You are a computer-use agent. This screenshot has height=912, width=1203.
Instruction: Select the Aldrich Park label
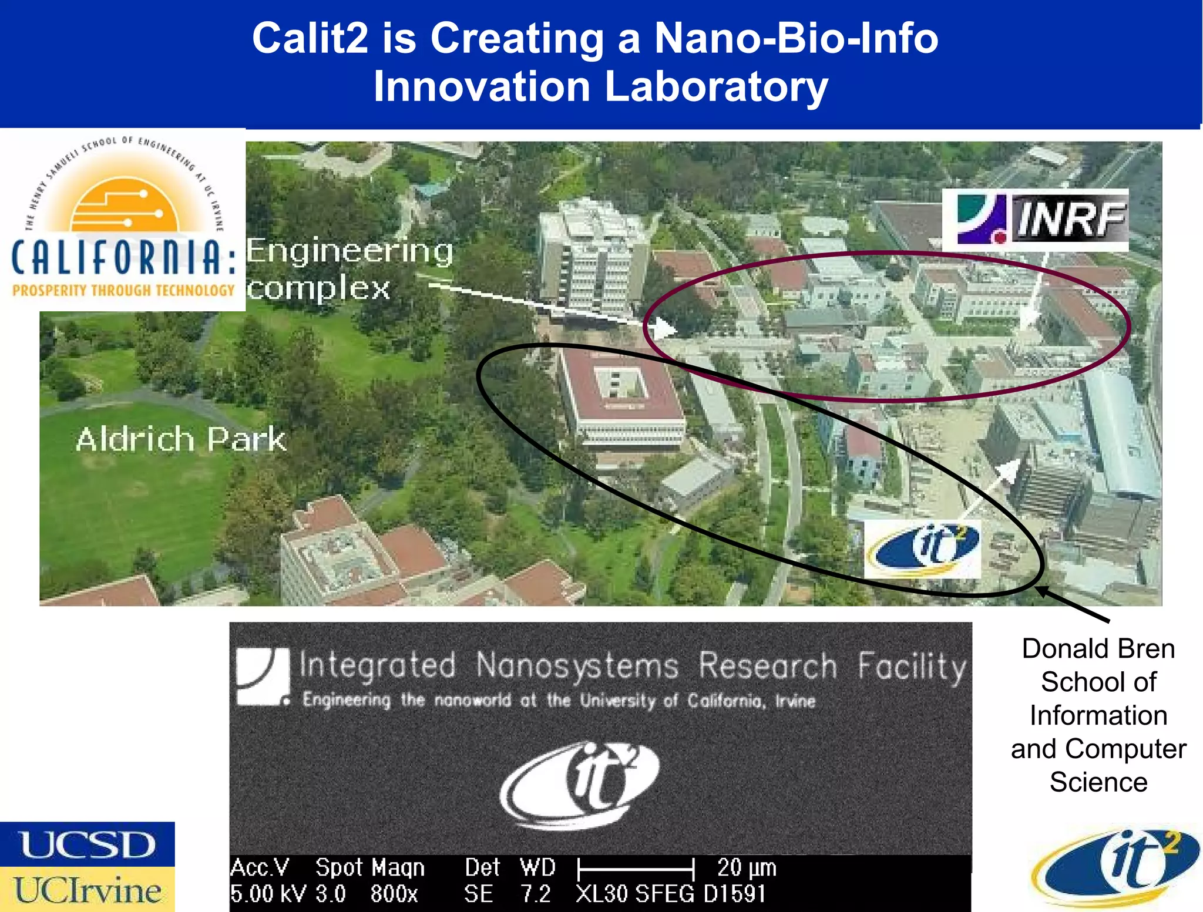(181, 439)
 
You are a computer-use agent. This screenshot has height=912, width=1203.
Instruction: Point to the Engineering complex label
(349, 269)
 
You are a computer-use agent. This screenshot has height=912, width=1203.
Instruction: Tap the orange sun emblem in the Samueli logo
(124, 206)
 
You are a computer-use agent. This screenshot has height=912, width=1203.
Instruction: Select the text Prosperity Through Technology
(123, 290)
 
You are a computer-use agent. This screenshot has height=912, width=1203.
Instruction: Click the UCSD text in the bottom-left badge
(88, 845)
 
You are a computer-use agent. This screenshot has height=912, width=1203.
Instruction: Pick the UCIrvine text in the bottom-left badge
(88, 890)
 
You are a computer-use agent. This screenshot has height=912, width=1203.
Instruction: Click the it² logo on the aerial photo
(922, 548)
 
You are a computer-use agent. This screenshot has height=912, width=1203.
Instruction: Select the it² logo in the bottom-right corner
(1115, 866)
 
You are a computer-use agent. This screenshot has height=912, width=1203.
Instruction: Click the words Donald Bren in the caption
(1098, 649)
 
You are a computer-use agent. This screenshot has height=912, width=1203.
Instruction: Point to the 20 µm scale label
(747, 867)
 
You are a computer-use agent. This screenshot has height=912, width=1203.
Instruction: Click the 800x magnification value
(394, 894)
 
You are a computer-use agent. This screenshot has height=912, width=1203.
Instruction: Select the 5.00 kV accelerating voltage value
(268, 894)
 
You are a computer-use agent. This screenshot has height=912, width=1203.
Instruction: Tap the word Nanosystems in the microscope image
(577, 666)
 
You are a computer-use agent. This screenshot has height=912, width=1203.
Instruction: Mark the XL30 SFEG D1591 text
(671, 894)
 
